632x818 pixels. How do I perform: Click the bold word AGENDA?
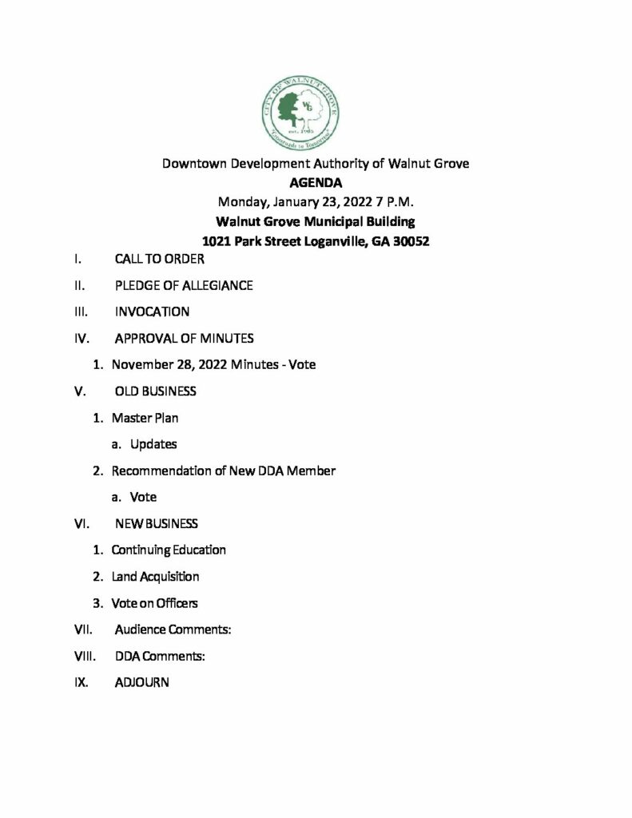point(316,182)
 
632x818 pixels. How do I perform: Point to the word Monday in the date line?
point(243,202)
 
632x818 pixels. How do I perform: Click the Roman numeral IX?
point(81,683)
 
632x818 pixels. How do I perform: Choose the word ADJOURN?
point(141,683)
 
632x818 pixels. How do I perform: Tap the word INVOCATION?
point(152,312)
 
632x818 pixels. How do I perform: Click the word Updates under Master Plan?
point(153,444)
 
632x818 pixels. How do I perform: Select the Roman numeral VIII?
point(84,657)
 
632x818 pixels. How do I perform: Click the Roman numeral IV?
point(81,339)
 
